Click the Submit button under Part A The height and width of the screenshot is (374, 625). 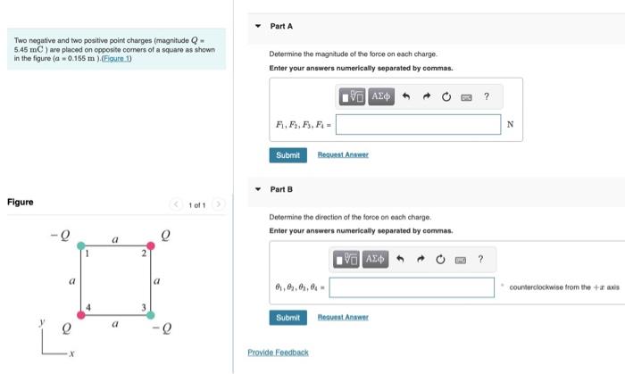point(287,154)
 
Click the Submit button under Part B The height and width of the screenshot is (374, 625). point(287,317)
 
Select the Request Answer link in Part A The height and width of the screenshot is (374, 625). point(343,154)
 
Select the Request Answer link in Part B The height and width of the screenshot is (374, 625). point(343,317)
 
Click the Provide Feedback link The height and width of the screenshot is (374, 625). point(278,353)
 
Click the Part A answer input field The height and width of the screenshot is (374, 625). point(418,124)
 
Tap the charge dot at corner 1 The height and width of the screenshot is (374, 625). point(81,245)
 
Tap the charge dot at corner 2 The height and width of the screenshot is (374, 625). point(150,245)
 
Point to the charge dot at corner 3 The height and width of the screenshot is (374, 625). point(150,314)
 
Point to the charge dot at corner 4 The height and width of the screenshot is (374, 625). point(81,314)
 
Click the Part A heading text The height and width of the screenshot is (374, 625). point(281,27)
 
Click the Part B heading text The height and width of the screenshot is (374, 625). point(281,189)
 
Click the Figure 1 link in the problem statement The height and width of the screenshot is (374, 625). point(115,59)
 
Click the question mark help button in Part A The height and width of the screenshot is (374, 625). point(487,96)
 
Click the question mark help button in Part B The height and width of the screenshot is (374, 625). point(480,259)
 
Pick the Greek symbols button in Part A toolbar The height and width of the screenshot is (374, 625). point(380,96)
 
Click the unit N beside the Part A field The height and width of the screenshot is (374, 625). point(509,124)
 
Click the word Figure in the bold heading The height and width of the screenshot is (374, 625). point(20,202)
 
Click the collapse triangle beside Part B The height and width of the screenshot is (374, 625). point(258,189)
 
